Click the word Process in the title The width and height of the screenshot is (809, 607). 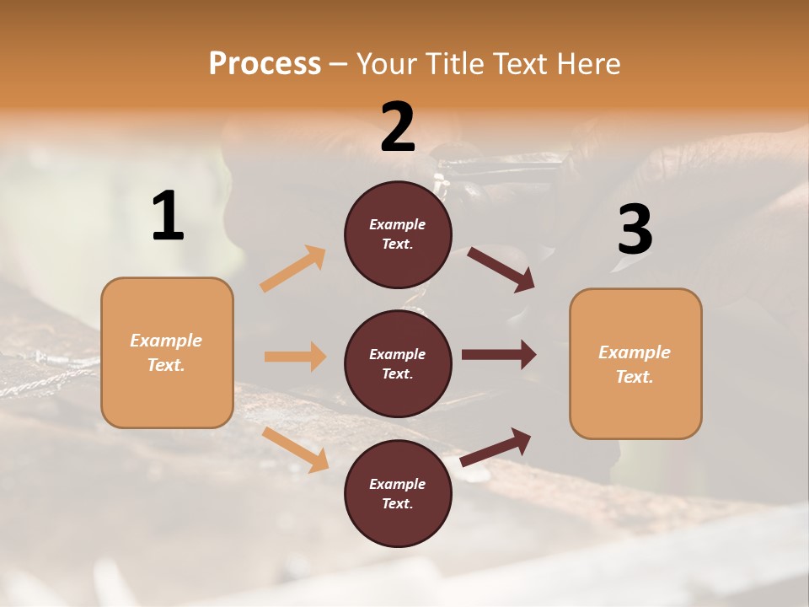click(265, 64)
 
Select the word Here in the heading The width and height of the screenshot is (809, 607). click(587, 64)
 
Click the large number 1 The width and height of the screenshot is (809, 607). click(168, 217)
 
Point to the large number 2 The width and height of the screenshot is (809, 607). click(398, 127)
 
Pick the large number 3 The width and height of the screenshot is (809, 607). click(635, 230)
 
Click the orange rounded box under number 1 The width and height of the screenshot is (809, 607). click(167, 352)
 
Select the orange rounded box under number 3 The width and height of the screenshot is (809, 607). click(635, 363)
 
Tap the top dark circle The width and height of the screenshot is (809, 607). click(398, 234)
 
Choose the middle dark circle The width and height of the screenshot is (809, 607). click(398, 363)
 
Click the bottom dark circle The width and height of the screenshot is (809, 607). click(398, 493)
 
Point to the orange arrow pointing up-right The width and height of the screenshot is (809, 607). click(293, 268)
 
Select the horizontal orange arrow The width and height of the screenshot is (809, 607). click(295, 357)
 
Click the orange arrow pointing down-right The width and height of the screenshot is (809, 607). click(295, 449)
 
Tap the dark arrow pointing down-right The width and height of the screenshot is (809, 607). click(501, 269)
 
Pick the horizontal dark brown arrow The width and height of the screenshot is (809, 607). click(499, 354)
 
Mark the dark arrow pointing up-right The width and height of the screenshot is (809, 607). click(496, 447)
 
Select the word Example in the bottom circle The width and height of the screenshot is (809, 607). click(398, 484)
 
